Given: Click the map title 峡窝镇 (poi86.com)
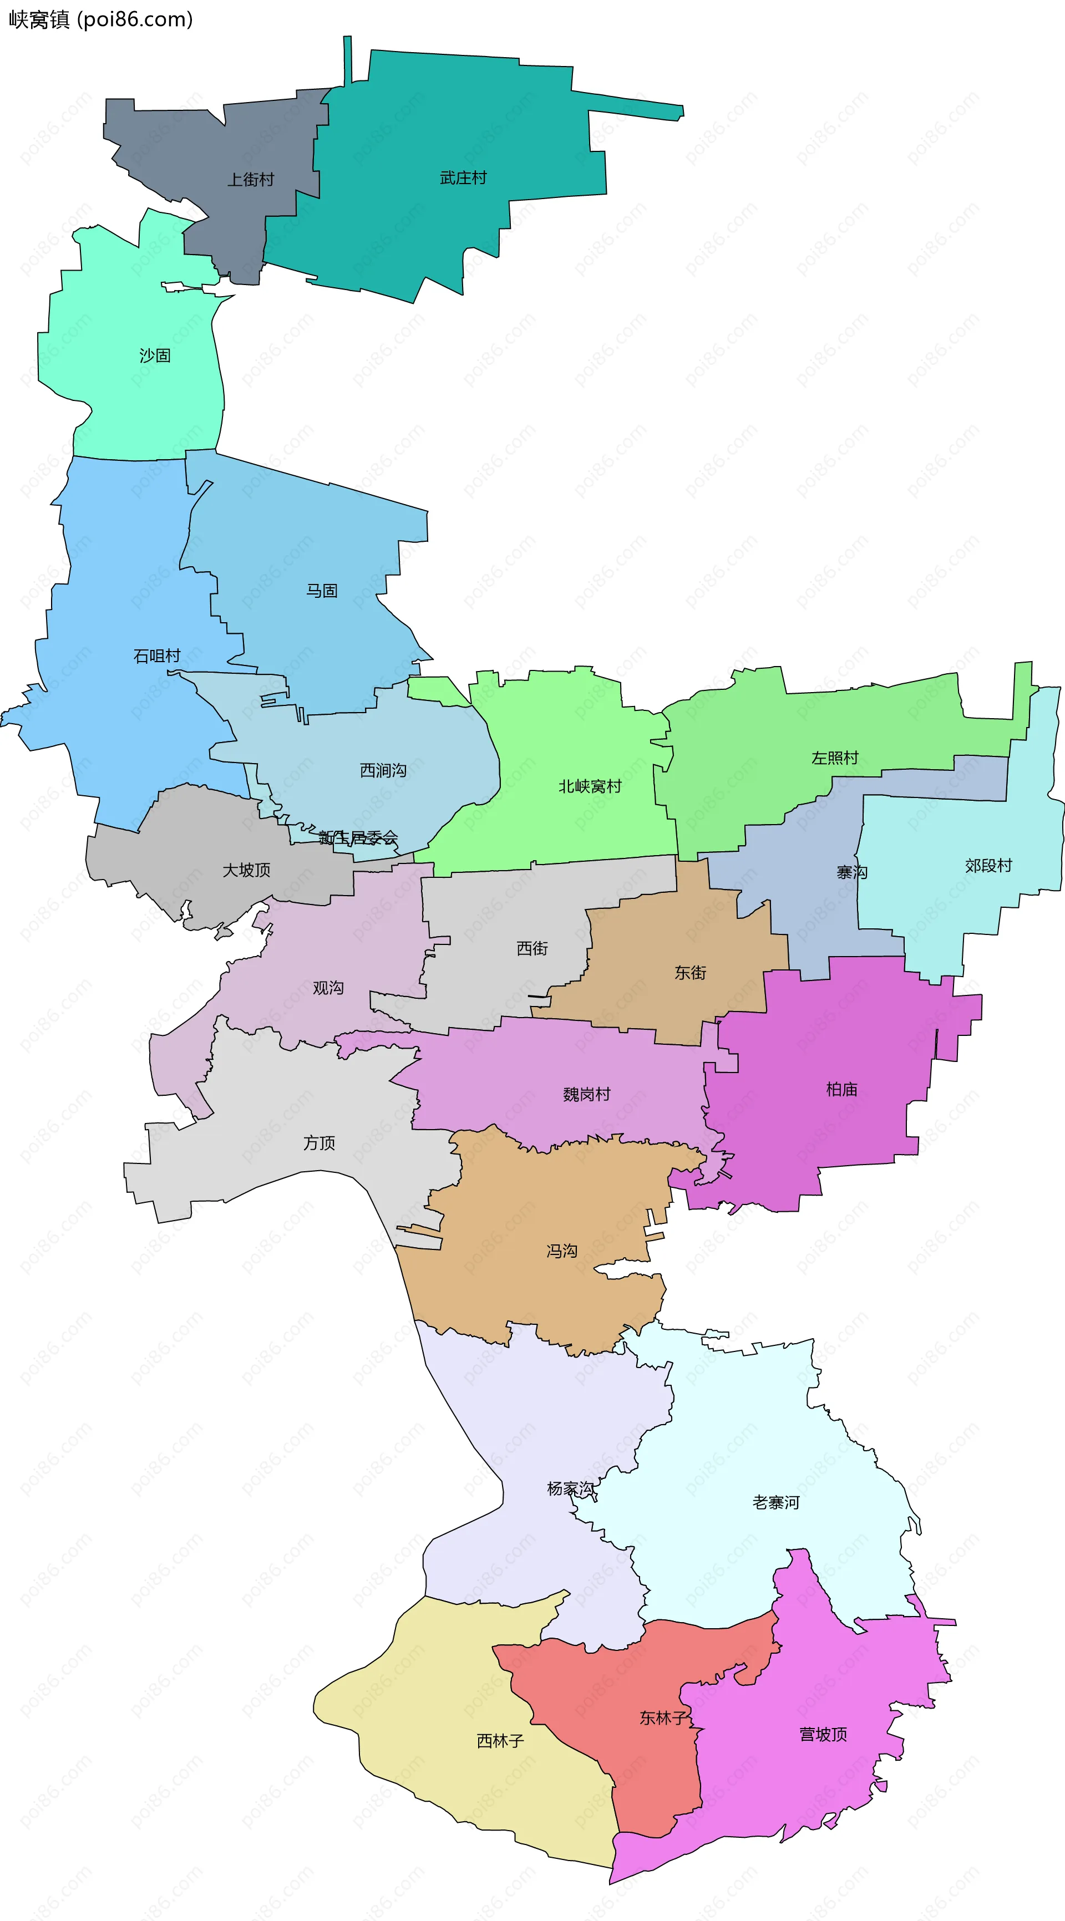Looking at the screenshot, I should coord(101,19).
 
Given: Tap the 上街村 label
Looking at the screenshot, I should coord(251,180).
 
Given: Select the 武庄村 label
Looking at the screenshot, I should coord(463,177).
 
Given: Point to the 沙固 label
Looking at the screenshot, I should coord(155,355).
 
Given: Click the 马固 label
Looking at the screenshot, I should coord(322,591).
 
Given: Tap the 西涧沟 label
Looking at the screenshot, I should coord(383,770).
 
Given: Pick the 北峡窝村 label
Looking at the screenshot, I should coord(590,786).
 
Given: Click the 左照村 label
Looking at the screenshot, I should coord(835,758).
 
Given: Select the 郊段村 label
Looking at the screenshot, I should coord(989,865).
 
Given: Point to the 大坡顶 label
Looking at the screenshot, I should coord(247,870).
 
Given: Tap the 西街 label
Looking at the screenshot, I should coord(532,948).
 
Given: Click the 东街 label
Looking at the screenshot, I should coord(691,973).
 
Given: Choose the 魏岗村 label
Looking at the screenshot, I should coord(587,1094).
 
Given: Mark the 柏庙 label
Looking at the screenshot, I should coord(842,1090).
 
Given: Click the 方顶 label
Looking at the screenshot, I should coord(319,1142).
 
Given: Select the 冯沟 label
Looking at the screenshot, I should coord(562,1251).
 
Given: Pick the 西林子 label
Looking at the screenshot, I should coord(500,1741).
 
